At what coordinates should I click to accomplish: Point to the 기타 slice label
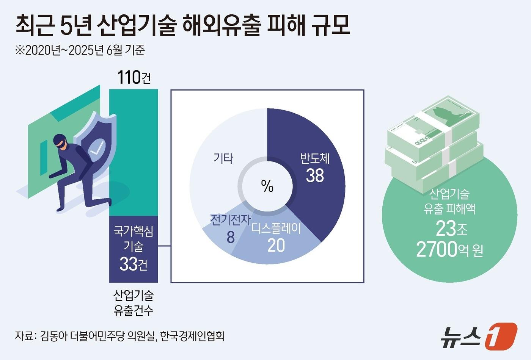pyautogui.click(x=223, y=158)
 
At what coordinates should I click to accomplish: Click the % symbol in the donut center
pyautogui.click(x=267, y=186)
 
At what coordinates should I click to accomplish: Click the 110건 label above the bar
pyautogui.click(x=134, y=78)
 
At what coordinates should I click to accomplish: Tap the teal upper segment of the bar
pyautogui.click(x=134, y=152)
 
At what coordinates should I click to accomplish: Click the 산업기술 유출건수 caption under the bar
pyautogui.click(x=134, y=303)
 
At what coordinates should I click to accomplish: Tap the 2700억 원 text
pyautogui.click(x=449, y=250)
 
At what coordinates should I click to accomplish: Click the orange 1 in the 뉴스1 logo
pyautogui.click(x=501, y=336)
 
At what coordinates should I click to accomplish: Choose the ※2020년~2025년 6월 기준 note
pyautogui.click(x=80, y=50)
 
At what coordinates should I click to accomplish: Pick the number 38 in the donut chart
pyautogui.click(x=315, y=175)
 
